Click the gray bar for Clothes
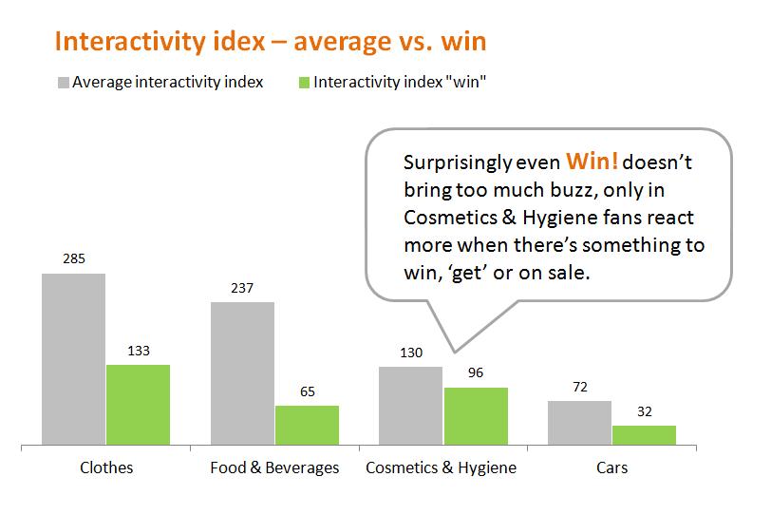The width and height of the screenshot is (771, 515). (73, 359)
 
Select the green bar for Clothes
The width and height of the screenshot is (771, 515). (138, 405)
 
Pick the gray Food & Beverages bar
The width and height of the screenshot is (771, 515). (242, 373)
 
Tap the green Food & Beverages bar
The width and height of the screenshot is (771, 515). (307, 425)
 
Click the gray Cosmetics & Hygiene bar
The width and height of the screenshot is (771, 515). (410, 406)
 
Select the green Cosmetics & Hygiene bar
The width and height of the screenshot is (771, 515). (476, 416)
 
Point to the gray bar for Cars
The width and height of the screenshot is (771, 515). (579, 423)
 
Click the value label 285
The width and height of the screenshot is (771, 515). (73, 257)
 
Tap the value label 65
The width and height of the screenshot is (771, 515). (307, 391)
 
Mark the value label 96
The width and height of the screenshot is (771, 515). (476, 372)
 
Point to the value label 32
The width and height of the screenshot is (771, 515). (644, 410)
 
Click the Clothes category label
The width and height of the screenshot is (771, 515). (105, 467)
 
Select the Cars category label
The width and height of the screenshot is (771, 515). (611, 467)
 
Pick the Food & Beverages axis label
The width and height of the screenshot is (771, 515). (274, 467)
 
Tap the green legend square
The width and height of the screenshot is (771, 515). (303, 82)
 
